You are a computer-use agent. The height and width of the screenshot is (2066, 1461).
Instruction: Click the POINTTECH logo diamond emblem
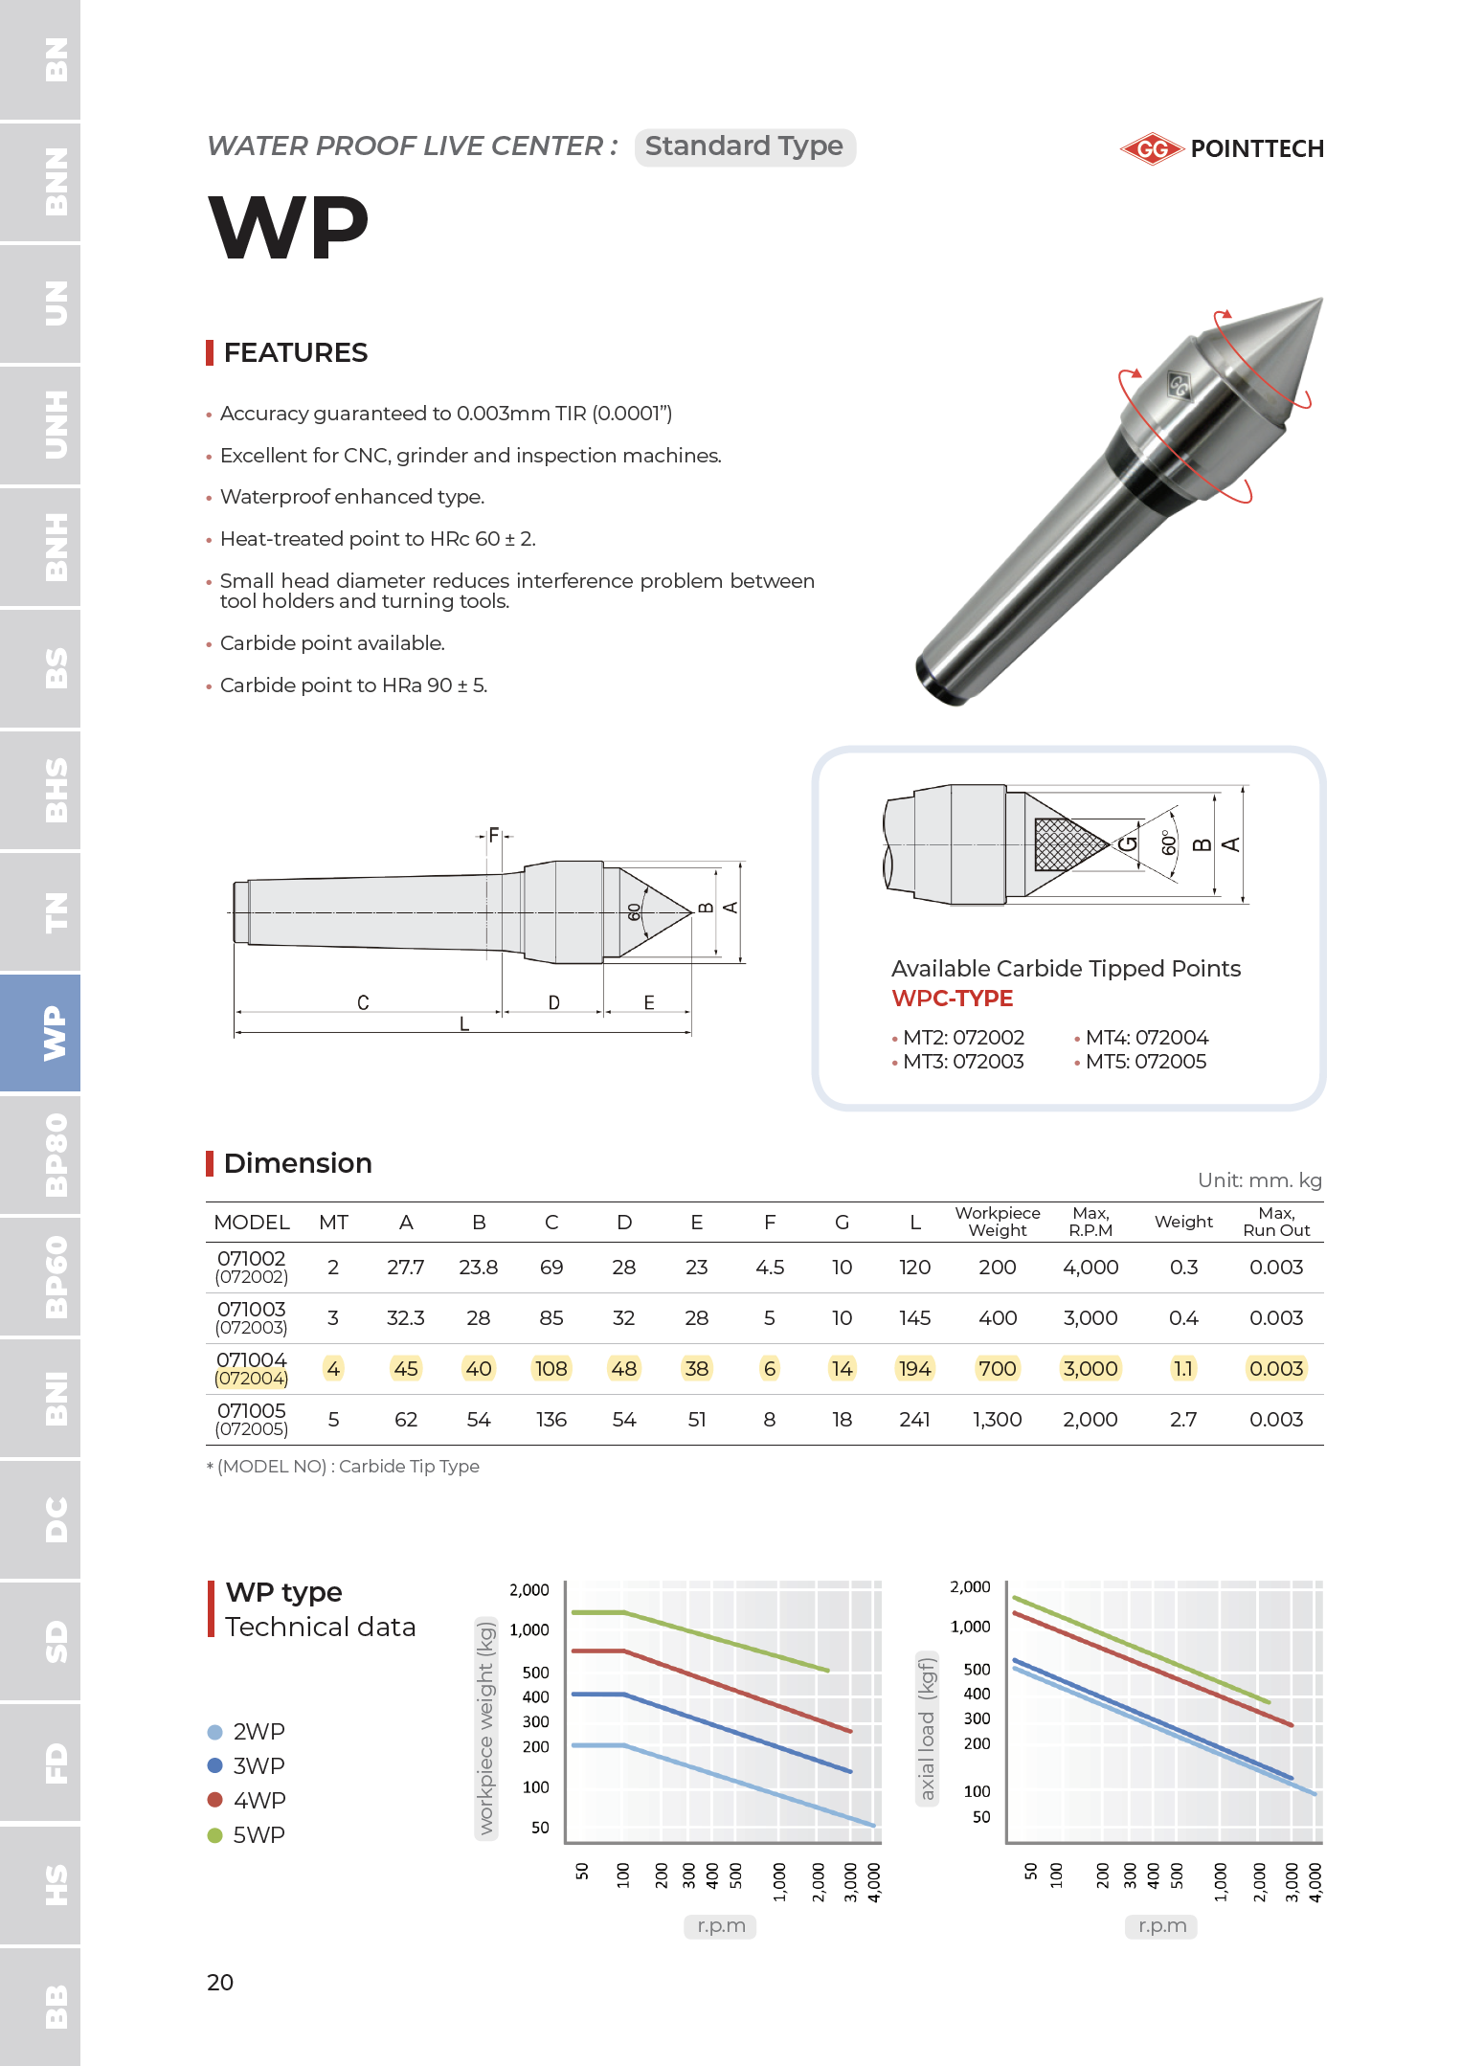[x=1153, y=149]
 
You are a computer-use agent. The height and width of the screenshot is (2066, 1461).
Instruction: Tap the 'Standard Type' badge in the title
[x=744, y=146]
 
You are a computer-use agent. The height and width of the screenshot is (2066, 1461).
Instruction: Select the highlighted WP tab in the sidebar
[x=40, y=1032]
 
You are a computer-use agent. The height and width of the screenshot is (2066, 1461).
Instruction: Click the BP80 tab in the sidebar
[x=40, y=1155]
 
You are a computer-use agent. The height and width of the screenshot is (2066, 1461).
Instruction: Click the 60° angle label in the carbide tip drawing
[x=1168, y=843]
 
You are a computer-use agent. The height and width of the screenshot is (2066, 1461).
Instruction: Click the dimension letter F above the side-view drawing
[x=494, y=835]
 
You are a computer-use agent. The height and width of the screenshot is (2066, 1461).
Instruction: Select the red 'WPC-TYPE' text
[x=952, y=999]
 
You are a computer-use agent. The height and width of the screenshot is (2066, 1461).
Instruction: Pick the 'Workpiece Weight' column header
[x=997, y=1222]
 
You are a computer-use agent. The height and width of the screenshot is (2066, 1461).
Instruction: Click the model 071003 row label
[x=251, y=1317]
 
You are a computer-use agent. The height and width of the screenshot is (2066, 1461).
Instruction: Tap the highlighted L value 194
[x=914, y=1369]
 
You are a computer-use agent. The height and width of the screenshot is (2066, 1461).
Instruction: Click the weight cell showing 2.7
[x=1183, y=1420]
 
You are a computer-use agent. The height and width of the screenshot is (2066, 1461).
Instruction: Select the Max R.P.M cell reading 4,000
[x=1090, y=1268]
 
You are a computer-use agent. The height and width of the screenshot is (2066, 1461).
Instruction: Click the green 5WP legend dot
[x=215, y=1835]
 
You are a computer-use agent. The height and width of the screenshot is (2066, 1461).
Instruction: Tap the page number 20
[x=220, y=1982]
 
